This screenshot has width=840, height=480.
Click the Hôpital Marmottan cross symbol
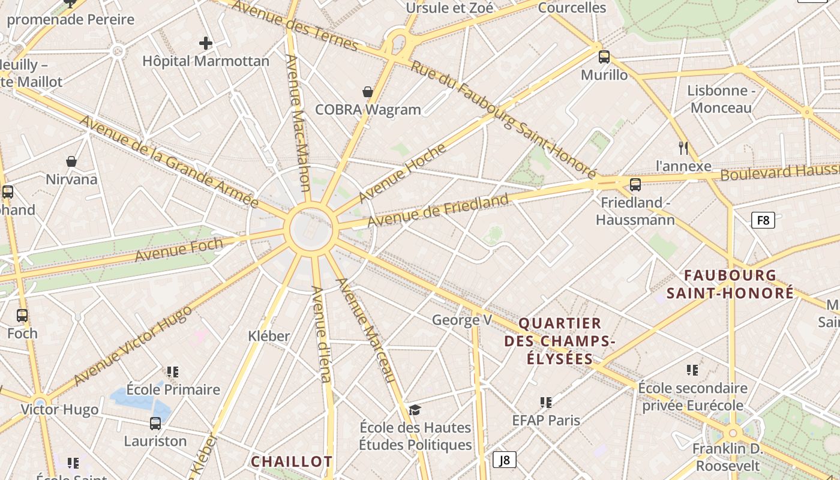pyautogui.click(x=206, y=43)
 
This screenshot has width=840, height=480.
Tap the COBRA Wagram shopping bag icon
pyautogui.click(x=368, y=92)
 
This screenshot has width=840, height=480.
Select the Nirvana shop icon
pyautogui.click(x=71, y=161)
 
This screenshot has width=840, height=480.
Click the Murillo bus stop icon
pyautogui.click(x=604, y=57)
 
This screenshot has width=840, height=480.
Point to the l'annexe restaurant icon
pyautogui.click(x=683, y=148)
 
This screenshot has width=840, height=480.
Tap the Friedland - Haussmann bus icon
pyautogui.click(x=635, y=184)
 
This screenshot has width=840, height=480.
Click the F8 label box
pyautogui.click(x=763, y=220)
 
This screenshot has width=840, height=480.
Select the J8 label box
pyautogui.click(x=505, y=460)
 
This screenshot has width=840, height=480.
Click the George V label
pyautogui.click(x=462, y=320)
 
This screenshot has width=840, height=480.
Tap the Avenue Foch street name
pyautogui.click(x=179, y=250)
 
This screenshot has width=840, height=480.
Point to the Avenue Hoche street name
pyautogui.click(x=403, y=173)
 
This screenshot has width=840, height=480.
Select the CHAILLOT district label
pyautogui.click(x=292, y=461)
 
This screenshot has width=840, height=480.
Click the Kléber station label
pyautogui.click(x=269, y=336)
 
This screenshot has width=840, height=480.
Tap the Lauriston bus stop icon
pyautogui.click(x=155, y=424)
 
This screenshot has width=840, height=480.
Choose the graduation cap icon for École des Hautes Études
pyautogui.click(x=415, y=410)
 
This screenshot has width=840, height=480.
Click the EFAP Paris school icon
pyautogui.click(x=545, y=402)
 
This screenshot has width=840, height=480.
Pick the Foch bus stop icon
pyautogui.click(x=22, y=315)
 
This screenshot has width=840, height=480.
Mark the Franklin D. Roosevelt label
pyautogui.click(x=726, y=457)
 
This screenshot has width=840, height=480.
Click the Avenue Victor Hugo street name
pyautogui.click(x=133, y=346)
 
